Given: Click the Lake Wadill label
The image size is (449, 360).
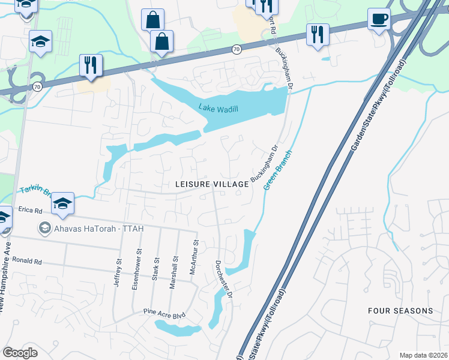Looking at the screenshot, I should click(x=218, y=108).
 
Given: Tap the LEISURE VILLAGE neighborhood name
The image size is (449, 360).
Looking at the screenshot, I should click(x=212, y=184).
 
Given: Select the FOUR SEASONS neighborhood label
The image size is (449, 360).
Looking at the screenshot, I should click(x=400, y=311).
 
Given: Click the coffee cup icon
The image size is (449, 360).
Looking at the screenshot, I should click(x=379, y=20).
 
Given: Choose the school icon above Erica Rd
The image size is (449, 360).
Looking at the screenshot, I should click(x=62, y=203).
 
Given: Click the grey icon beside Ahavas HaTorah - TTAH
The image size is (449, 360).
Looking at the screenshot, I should click(x=43, y=228).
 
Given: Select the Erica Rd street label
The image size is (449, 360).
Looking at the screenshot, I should click(x=31, y=211).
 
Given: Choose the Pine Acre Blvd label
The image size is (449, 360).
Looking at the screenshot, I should click(x=163, y=312).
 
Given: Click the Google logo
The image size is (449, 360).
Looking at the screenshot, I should click(x=20, y=352).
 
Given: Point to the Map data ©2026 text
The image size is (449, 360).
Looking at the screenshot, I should click(x=424, y=355).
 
